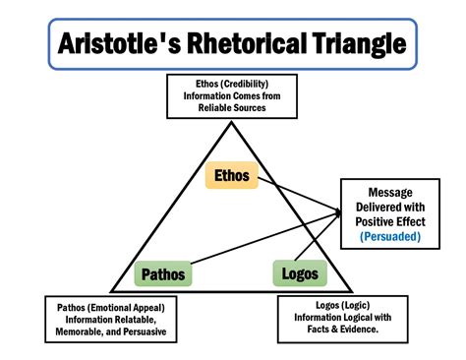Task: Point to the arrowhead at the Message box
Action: point(338,210)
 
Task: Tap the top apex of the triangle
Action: point(232,122)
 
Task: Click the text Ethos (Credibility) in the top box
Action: point(233,85)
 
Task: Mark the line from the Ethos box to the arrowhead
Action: point(295,195)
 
